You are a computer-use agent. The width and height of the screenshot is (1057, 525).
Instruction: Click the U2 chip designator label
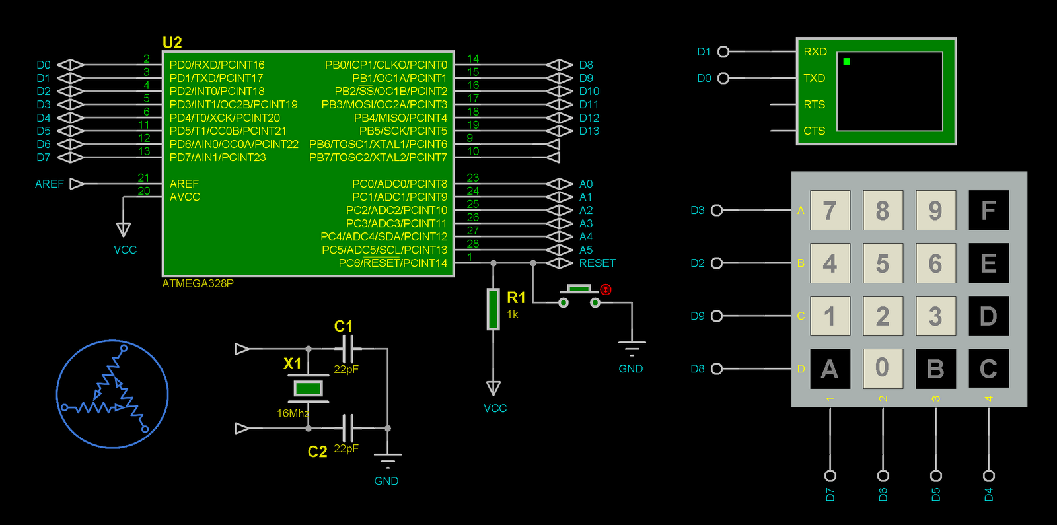(172, 42)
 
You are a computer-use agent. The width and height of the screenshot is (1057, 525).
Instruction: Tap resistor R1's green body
(493, 308)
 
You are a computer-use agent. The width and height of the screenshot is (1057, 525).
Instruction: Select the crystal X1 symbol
(308, 388)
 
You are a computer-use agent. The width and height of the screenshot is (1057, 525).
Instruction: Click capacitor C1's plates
(348, 348)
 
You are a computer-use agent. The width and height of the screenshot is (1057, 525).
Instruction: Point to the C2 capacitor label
(317, 452)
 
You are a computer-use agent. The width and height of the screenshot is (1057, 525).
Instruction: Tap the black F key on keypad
(988, 210)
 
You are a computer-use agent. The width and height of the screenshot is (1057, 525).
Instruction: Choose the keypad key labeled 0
(883, 368)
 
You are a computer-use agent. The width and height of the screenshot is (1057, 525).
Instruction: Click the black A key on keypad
(830, 368)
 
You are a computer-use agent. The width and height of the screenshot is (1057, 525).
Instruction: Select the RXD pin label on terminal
(815, 52)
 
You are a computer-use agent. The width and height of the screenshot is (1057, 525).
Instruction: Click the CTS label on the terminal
(814, 131)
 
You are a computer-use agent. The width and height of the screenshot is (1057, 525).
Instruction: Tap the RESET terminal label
(597, 263)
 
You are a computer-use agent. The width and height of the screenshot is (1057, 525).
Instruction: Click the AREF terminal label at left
(50, 184)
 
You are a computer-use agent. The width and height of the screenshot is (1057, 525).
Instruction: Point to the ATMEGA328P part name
(198, 283)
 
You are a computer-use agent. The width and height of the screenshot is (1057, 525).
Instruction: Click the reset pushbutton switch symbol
(579, 296)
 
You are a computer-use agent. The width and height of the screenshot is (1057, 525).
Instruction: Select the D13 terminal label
(589, 131)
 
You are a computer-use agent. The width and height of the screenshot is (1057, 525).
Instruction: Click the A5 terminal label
(585, 250)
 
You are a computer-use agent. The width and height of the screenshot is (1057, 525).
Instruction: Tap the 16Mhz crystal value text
(292, 413)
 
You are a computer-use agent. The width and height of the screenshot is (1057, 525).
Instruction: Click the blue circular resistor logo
(112, 394)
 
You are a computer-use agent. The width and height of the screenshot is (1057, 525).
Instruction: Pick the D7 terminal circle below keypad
(830, 475)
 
